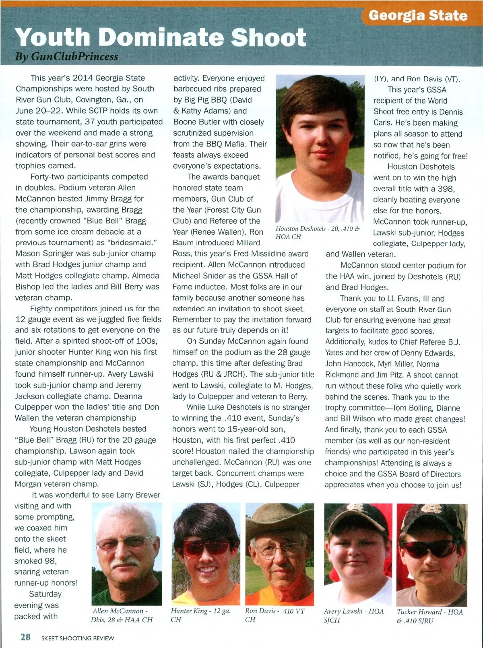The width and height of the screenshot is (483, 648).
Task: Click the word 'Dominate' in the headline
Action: click(x=161, y=37)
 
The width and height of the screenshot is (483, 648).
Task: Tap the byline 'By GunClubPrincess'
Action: click(x=66, y=56)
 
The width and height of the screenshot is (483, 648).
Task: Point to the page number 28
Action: click(x=25, y=637)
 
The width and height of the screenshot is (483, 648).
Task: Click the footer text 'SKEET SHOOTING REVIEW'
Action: click(x=78, y=638)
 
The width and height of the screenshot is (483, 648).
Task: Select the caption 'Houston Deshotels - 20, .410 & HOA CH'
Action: click(x=317, y=233)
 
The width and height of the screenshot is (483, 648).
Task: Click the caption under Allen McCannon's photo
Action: click(x=122, y=615)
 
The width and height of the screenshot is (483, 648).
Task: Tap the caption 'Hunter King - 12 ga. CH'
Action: click(x=200, y=615)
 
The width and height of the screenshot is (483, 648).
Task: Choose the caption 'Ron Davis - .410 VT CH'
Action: click(x=275, y=615)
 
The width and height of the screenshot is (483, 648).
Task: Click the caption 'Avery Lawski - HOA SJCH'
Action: click(x=353, y=615)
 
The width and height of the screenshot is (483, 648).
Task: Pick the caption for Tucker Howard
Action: click(x=429, y=616)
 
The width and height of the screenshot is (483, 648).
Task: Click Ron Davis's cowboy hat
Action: click(x=279, y=519)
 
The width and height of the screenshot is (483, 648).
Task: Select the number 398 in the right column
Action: click(x=446, y=189)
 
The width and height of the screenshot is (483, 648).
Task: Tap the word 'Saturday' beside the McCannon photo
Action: click(x=45, y=594)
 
